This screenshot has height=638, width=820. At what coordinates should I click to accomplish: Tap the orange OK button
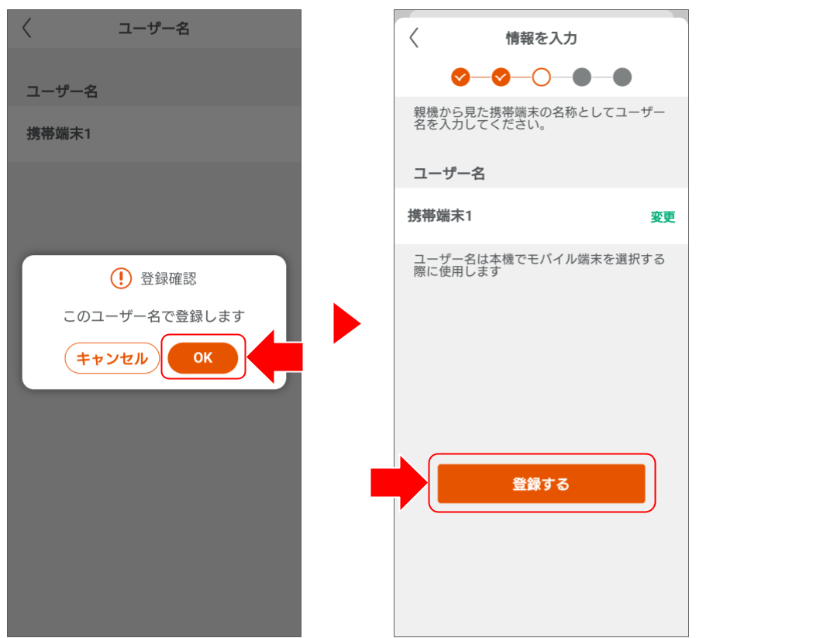[203, 358]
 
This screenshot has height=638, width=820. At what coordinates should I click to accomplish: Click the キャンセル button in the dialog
[112, 359]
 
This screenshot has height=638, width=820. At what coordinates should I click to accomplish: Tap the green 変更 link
[663, 217]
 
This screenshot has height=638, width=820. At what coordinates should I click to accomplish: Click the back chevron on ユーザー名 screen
[27, 29]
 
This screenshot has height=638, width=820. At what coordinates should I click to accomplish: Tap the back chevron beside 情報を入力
[414, 38]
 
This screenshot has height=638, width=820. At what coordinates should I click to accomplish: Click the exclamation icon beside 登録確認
[121, 278]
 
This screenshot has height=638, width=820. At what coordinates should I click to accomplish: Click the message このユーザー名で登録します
[153, 316]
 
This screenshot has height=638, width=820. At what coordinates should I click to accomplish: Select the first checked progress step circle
[460, 77]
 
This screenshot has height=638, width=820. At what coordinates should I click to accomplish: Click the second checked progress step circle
[501, 77]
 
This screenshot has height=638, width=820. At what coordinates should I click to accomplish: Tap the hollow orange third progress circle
[541, 77]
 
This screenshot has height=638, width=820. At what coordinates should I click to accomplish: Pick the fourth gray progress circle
[581, 77]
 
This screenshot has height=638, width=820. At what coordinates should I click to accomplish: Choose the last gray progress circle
[622, 77]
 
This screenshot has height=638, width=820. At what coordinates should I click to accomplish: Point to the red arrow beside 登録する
[399, 482]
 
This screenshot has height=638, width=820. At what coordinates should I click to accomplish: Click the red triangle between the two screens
[345, 322]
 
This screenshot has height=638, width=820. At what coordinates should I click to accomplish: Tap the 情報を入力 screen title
[541, 38]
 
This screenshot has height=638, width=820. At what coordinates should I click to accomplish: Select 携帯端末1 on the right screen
[440, 216]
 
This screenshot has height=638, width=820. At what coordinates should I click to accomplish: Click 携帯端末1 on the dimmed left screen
[59, 133]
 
